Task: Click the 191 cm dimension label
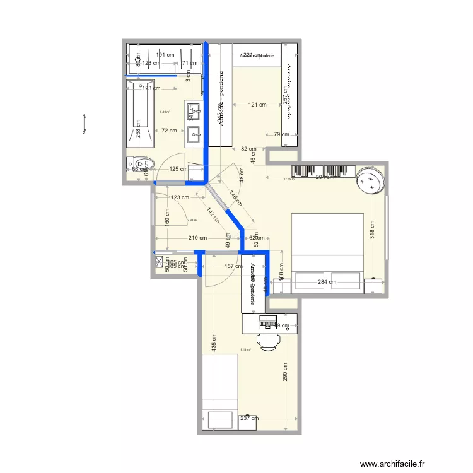point(165,55)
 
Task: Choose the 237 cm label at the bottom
point(249,418)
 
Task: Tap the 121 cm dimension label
point(257,105)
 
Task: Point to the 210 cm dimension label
point(197,238)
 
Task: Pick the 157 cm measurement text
point(233,266)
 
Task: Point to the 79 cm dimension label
point(281,134)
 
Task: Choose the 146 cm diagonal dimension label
point(235,199)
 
